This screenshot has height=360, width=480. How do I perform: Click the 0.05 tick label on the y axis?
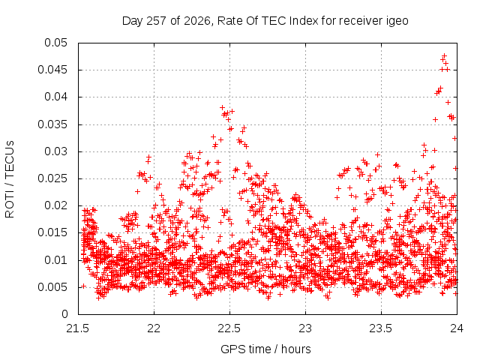point(55,43)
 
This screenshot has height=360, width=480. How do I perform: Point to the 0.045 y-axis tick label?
point(52,70)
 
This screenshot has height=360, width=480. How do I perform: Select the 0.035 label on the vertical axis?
point(52,124)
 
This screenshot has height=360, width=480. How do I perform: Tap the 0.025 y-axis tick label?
point(52,178)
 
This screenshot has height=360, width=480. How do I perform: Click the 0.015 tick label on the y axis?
point(52,233)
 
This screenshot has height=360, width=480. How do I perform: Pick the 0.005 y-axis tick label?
point(52,287)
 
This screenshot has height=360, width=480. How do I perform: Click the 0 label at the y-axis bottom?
point(64,314)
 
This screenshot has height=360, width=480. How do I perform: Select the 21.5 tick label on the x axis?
point(78,328)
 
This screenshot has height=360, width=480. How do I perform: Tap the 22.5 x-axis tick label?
point(229,328)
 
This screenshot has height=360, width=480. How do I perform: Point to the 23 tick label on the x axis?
point(305,328)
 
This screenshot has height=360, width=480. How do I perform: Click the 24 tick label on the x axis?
point(457,328)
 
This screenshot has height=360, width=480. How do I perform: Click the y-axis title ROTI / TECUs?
point(10,179)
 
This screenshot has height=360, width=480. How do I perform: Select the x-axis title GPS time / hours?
point(265,349)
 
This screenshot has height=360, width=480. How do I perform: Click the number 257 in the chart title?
point(156,21)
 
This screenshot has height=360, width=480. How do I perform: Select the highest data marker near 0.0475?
point(445,55)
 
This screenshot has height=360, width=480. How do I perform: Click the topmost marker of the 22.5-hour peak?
point(222,108)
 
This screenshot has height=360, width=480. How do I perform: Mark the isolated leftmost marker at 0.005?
point(83,286)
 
